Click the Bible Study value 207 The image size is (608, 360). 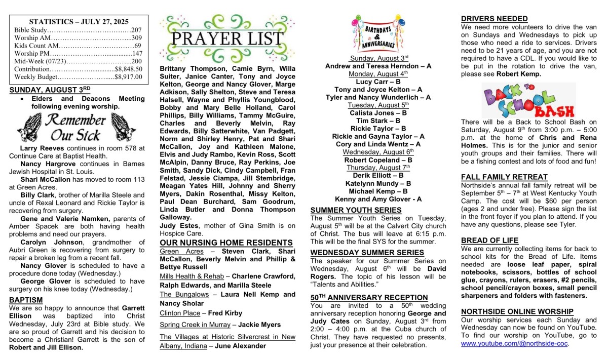(x=136, y=30)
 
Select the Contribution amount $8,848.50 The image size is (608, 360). (x=129, y=69)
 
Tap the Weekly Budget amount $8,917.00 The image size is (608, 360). (x=129, y=77)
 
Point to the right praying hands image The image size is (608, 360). (x=123, y=126)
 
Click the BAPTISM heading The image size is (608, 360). (x=26, y=300)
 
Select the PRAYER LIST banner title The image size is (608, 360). (x=227, y=38)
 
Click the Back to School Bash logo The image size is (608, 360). (x=528, y=100)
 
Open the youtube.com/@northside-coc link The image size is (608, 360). (x=514, y=343)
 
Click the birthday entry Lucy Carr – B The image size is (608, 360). (x=378, y=82)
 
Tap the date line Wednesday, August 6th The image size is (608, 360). (x=378, y=152)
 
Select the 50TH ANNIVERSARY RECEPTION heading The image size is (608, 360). (x=369, y=297)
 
